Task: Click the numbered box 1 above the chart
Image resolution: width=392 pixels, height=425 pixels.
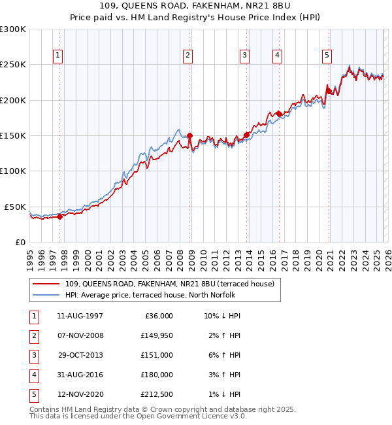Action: click(x=58, y=56)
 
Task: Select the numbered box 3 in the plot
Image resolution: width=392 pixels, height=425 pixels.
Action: click(x=244, y=56)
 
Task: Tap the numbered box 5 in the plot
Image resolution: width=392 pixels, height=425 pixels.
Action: click(x=326, y=56)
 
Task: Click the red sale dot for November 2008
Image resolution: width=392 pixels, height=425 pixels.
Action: click(x=190, y=136)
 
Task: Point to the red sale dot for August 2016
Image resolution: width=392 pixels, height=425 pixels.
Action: click(x=279, y=114)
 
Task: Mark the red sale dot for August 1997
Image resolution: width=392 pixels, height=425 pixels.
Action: click(x=59, y=216)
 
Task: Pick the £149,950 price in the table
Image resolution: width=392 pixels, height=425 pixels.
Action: click(x=155, y=335)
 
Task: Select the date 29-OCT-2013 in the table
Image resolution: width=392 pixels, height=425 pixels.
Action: click(x=80, y=355)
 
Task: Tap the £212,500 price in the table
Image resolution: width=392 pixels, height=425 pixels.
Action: click(x=155, y=394)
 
